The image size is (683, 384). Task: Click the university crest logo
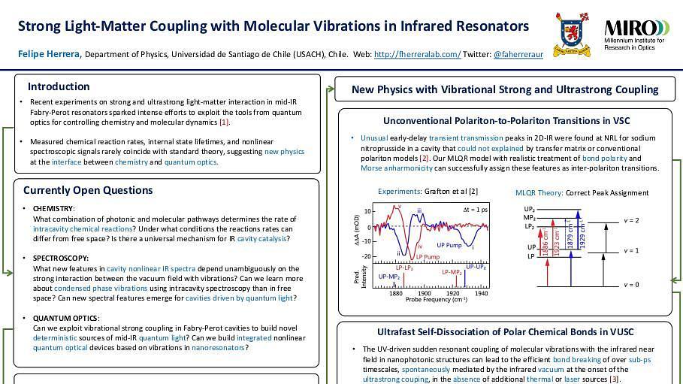tap(572, 34)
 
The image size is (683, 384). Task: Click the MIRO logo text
tap(636, 29)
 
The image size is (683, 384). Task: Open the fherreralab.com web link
tap(417, 54)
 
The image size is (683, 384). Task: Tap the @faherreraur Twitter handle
tap(518, 54)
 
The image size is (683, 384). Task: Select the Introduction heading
tap(59, 86)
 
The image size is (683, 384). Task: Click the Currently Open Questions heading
tap(87, 189)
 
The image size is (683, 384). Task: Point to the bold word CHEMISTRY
tap(53, 208)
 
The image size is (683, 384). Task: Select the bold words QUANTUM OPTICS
tap(65, 318)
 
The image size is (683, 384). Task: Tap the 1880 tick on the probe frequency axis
tap(396, 294)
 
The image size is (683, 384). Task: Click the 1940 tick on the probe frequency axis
tap(481, 294)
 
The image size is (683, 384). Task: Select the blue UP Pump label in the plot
tap(449, 245)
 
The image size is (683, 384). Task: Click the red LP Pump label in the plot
tap(427, 257)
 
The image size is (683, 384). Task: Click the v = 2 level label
tap(632, 220)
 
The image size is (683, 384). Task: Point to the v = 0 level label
tap(632, 285)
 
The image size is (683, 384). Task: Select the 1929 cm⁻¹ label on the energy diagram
tap(582, 235)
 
